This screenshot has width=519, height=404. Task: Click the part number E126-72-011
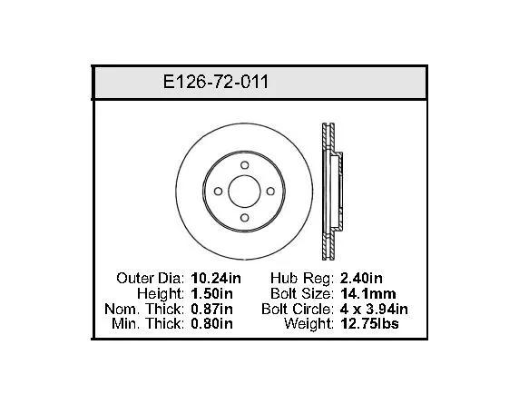tap(215, 82)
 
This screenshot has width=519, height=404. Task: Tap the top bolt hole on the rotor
tap(245, 165)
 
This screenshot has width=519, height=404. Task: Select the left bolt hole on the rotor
tap(218, 191)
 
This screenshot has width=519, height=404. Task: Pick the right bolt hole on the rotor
tap(270, 191)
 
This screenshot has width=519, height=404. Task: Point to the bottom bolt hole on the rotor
tap(245, 218)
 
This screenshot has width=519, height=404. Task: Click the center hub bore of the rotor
tap(245, 192)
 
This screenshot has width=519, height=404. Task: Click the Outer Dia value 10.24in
tap(216, 278)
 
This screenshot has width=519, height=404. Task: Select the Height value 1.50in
tap(211, 293)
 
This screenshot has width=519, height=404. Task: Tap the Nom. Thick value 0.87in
tap(211, 309)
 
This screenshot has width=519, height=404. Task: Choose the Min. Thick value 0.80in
tap(211, 323)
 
